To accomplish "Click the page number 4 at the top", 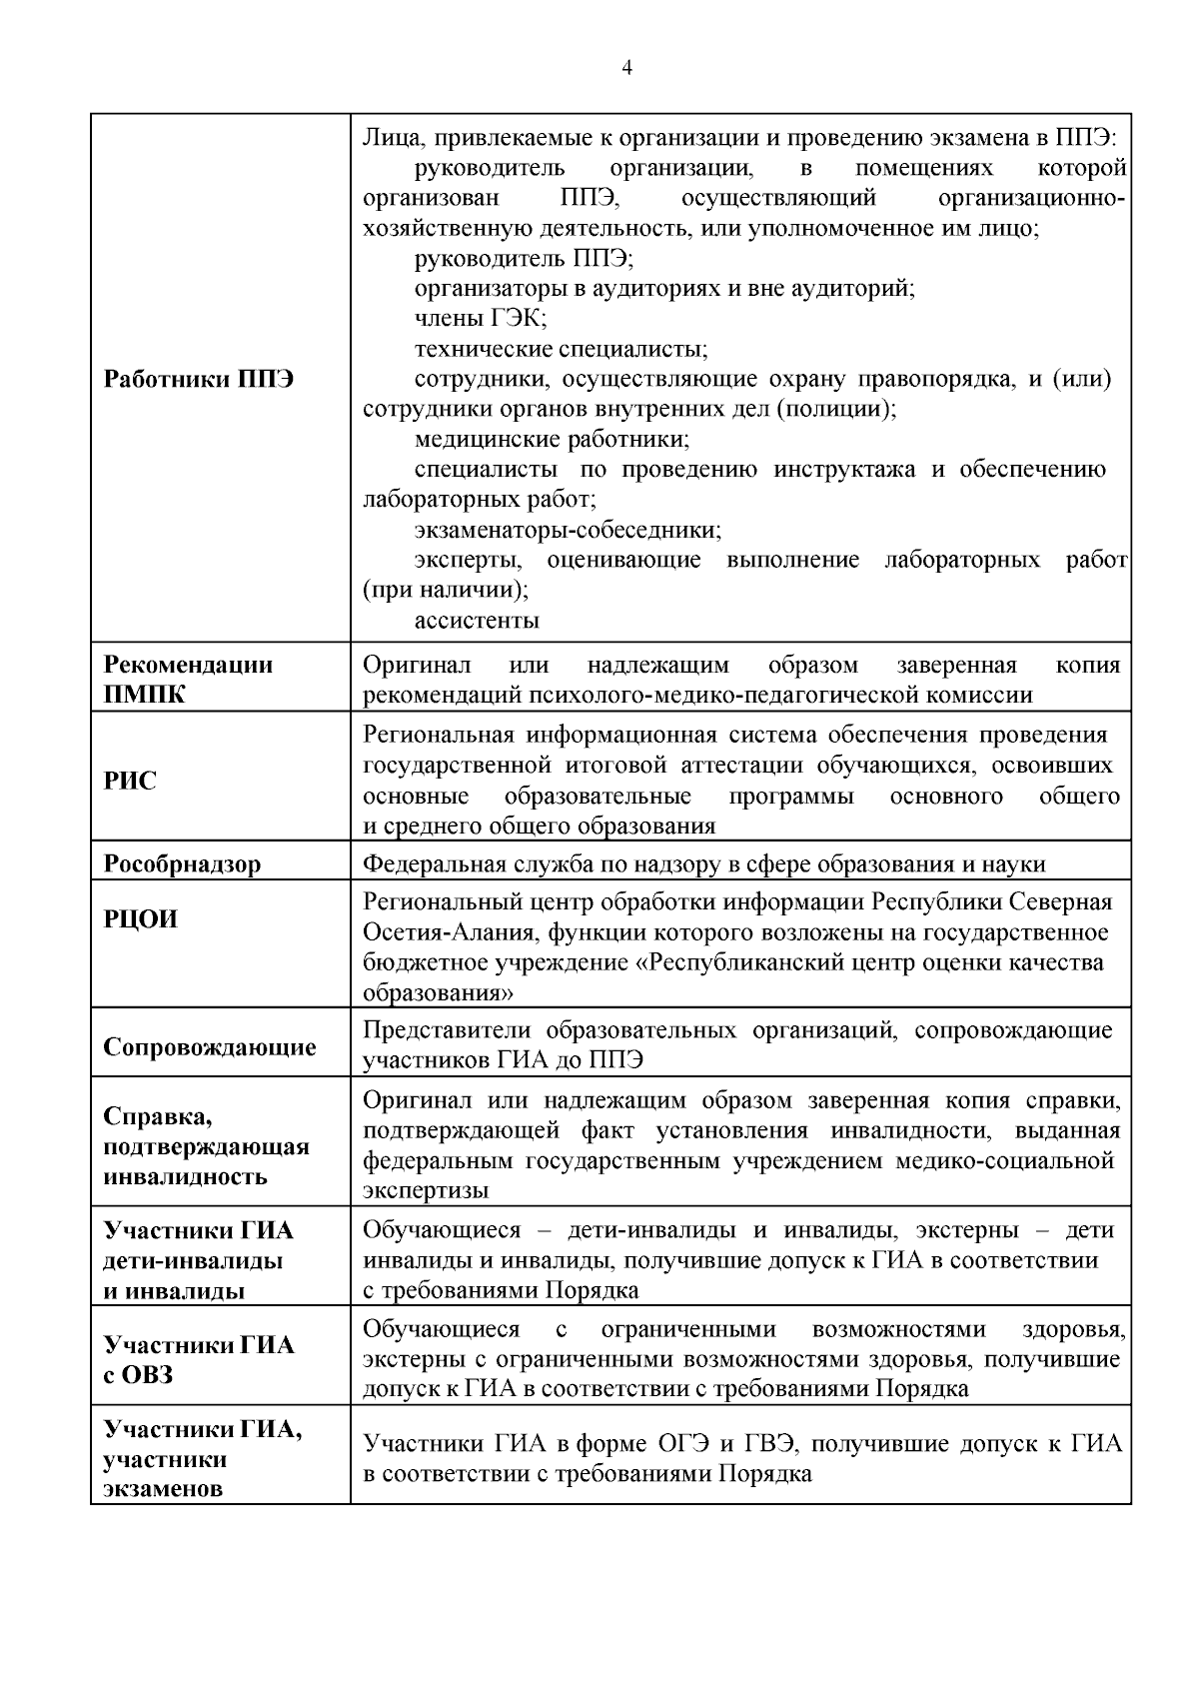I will pyautogui.click(x=626, y=68).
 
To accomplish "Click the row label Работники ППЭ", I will pyautogui.click(x=199, y=380).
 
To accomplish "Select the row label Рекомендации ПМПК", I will pyautogui.click(x=189, y=680).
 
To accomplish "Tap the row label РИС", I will pyautogui.click(x=130, y=781).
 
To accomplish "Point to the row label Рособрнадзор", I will pyautogui.click(x=182, y=863).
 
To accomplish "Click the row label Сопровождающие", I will pyautogui.click(x=210, y=1047).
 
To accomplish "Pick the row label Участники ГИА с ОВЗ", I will pyautogui.click(x=199, y=1359).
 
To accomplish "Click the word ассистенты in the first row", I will pyautogui.click(x=477, y=621).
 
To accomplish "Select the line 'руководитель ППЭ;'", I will pyautogui.click(x=524, y=259).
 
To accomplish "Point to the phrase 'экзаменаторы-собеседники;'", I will pyautogui.click(x=568, y=530).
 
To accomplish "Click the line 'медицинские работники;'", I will pyautogui.click(x=552, y=440).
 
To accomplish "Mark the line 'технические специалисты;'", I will pyautogui.click(x=561, y=349).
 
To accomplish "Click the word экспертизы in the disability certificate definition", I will pyautogui.click(x=426, y=1191).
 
